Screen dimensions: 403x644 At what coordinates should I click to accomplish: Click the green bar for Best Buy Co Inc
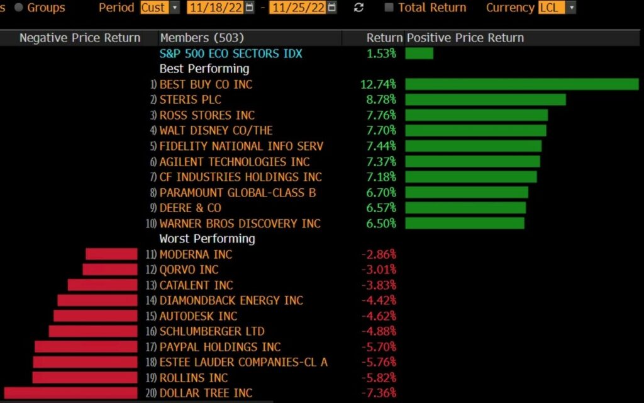[521, 84]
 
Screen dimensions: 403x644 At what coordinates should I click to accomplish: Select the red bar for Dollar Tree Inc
[70, 393]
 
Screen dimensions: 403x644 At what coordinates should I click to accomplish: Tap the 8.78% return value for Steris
[381, 99]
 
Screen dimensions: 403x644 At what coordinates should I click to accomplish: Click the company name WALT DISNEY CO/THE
[216, 130]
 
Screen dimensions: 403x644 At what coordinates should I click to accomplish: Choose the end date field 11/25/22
[297, 8]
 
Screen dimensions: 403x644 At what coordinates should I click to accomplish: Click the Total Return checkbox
[389, 8]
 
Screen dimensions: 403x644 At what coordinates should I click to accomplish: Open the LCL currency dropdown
[557, 8]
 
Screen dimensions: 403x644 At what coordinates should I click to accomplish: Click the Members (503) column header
[202, 38]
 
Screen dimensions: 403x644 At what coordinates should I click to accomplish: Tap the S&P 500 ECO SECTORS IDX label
[231, 54]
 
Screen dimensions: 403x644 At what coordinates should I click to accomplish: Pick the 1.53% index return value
[381, 54]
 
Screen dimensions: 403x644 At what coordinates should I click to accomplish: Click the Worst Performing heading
[207, 239]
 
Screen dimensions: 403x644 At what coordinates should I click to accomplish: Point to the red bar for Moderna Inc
[111, 254]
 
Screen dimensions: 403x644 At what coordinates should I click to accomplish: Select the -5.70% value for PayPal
[379, 347]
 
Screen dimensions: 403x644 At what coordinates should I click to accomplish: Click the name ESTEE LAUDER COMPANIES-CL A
[243, 362]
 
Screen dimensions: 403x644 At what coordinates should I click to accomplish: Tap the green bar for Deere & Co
[465, 208]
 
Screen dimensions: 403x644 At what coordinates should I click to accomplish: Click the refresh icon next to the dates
[359, 8]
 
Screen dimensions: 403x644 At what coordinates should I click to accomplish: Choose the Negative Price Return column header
[79, 38]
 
